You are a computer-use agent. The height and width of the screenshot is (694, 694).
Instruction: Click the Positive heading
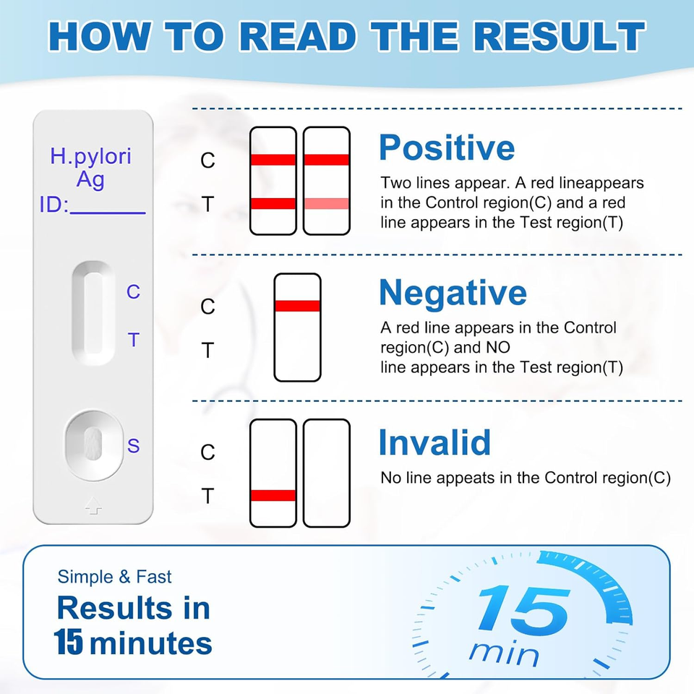click(x=447, y=147)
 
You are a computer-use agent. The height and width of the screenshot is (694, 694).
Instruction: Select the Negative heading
click(x=453, y=293)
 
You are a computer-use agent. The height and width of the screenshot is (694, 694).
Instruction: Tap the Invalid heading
click(x=434, y=442)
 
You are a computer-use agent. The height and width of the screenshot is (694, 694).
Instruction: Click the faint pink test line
click(x=326, y=204)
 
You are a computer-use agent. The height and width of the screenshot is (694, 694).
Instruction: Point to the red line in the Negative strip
click(x=297, y=306)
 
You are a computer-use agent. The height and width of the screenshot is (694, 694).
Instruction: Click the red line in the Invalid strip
click(x=273, y=495)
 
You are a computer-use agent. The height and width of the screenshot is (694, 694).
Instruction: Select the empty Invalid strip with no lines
click(x=326, y=473)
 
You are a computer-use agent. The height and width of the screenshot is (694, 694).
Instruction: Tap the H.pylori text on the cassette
click(x=90, y=155)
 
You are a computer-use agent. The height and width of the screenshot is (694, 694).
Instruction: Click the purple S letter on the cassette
click(x=133, y=445)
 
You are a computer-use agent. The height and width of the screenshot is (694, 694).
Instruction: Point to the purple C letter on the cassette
click(x=133, y=292)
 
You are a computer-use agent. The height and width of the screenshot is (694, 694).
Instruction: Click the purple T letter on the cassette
click(x=133, y=339)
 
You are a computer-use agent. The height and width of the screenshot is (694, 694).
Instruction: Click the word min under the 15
click(x=504, y=654)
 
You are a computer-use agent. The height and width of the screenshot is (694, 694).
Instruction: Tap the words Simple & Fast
click(x=115, y=577)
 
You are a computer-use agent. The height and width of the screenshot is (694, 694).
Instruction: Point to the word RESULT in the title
click(x=552, y=37)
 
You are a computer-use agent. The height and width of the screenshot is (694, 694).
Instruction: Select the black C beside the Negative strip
click(x=207, y=307)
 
